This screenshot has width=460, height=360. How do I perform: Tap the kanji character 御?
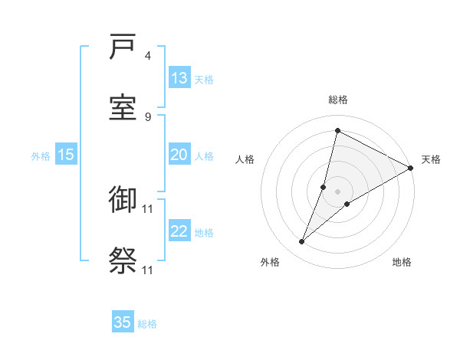pos(123,201)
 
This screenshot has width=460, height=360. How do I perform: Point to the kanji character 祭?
pos(123,261)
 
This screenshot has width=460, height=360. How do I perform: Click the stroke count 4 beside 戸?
pos(148,56)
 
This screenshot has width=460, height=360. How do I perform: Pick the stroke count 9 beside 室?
pos(148,116)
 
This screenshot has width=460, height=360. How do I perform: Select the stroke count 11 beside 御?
pos(148,208)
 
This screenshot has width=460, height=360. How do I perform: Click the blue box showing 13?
pos(179,78)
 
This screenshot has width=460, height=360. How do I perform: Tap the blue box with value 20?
pos(179,155)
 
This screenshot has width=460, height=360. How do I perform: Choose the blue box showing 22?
pos(179,231)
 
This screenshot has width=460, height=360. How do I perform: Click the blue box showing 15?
pos(66,155)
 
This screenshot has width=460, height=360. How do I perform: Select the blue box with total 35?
pos(123,322)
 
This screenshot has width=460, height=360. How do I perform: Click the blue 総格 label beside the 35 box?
pos(147,324)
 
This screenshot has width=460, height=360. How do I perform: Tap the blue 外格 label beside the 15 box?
pos(41,156)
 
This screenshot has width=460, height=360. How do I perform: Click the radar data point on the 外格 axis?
pos(302,242)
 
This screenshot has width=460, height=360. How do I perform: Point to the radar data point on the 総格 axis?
pos(337,130)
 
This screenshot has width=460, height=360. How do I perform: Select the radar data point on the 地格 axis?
pos(347,204)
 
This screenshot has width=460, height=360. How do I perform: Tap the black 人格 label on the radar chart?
pos(245,159)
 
